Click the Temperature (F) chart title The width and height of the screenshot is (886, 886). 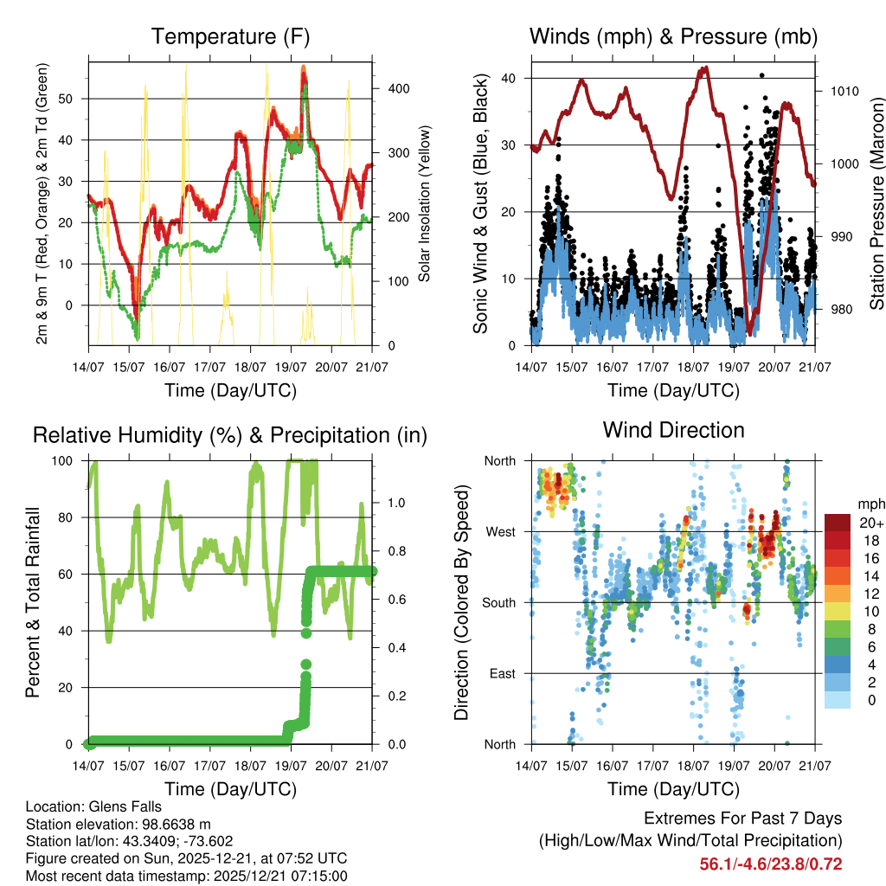230,36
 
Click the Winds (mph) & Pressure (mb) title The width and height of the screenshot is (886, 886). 673,36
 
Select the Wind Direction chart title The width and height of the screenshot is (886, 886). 673,430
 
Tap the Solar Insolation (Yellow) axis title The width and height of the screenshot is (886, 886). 425,204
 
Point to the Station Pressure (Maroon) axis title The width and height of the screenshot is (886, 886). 876,204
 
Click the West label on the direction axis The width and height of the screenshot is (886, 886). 501,532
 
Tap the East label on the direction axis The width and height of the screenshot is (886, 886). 502,673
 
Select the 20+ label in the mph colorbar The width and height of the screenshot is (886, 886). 871,523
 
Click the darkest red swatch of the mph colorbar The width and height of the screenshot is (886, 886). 838,522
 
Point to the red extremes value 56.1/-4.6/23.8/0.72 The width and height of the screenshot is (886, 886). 771,864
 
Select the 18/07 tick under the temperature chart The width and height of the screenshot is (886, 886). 250,365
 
